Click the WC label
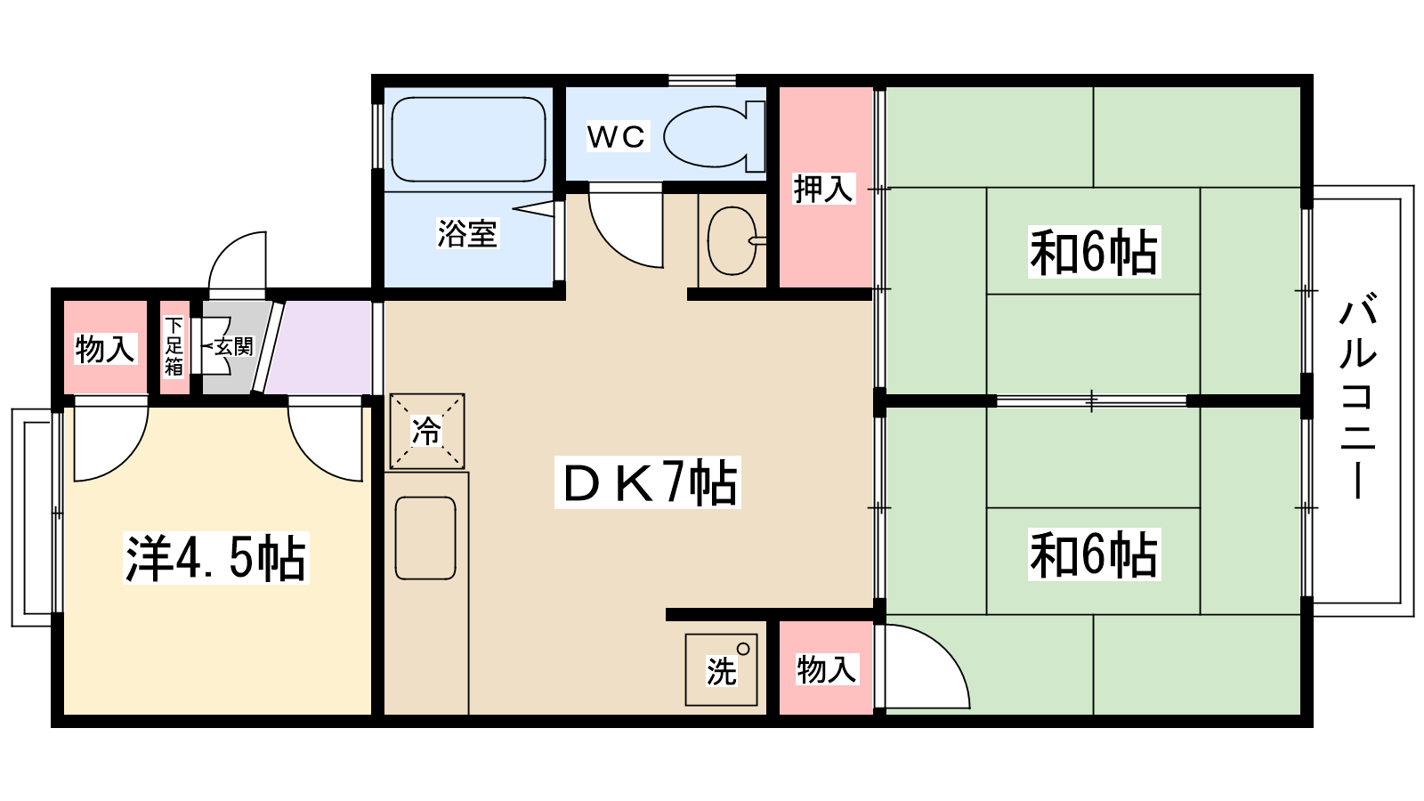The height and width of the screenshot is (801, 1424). [616, 137]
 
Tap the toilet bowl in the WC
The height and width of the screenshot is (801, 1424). [708, 137]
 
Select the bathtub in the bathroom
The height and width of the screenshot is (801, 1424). [467, 139]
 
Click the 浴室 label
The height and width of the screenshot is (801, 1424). [467, 233]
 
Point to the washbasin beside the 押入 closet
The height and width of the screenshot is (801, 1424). [732, 240]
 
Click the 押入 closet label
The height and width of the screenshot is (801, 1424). [823, 189]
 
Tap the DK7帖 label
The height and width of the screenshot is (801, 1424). [648, 482]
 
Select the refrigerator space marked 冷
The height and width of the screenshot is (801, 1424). [427, 432]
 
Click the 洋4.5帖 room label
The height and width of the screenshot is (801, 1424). [215, 558]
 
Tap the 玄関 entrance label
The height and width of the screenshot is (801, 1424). [233, 346]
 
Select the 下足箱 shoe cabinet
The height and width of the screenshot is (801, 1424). [174, 347]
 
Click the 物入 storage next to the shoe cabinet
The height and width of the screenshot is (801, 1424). [105, 349]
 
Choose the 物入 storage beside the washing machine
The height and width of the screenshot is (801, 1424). [826, 669]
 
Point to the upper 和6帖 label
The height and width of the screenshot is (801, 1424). [1094, 252]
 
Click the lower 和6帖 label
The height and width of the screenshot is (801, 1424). [1094, 554]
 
